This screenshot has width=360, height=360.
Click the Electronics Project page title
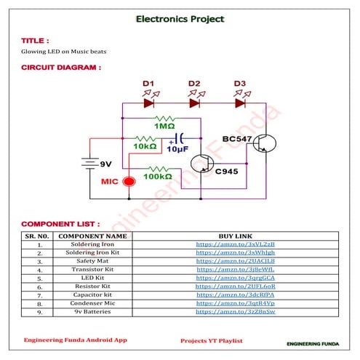[x=180, y=19]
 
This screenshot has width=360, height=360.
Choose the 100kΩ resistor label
[x=157, y=177]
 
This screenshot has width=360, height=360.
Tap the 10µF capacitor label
[x=177, y=149]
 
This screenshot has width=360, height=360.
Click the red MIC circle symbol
[x=129, y=180]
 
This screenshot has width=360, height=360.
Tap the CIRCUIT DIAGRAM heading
[x=60, y=68]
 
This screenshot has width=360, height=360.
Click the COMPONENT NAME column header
[x=92, y=236]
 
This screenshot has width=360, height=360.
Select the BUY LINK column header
[x=236, y=236]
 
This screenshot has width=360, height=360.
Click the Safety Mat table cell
[x=92, y=260]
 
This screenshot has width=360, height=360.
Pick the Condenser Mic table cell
[x=92, y=303]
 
